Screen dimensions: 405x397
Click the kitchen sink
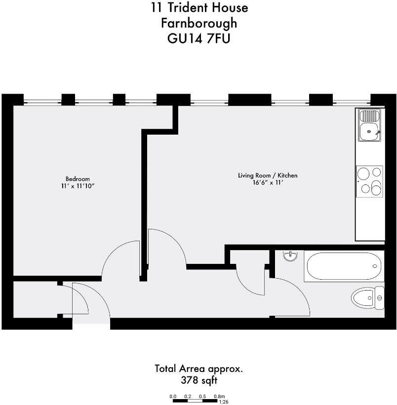coord(369,125)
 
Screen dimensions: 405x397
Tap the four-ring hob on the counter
coord(369,180)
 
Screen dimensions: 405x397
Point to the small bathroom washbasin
coord(290,256)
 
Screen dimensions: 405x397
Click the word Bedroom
coord(78,179)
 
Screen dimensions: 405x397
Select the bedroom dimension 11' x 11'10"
coord(78,185)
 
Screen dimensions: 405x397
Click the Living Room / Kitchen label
coord(268,176)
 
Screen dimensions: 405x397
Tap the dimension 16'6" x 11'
coord(268,183)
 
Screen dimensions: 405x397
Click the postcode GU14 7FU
coord(199,38)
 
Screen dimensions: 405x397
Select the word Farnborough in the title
coord(199,23)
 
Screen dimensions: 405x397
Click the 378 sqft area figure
coord(199,380)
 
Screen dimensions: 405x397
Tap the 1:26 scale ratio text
coord(223,402)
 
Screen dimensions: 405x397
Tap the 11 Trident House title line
coord(199,8)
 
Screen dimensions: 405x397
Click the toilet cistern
coord(379,298)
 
